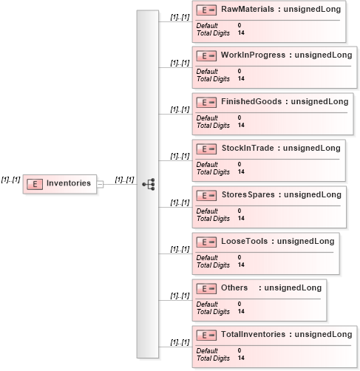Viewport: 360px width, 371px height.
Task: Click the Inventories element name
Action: pyautogui.click(x=69, y=183)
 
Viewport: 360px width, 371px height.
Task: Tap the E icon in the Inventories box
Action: pyautogui.click(x=35, y=184)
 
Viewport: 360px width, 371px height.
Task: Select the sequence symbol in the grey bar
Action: pyautogui.click(x=149, y=184)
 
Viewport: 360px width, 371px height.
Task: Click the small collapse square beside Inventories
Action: pyautogui.click(x=100, y=184)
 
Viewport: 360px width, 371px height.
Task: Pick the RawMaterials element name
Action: pyautogui.click(x=248, y=9)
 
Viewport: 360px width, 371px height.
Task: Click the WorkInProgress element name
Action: pyautogui.click(x=253, y=55)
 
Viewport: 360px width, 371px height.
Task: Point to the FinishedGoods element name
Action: pyautogui.click(x=251, y=101)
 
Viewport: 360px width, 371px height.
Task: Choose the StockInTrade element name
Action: pyautogui.click(x=248, y=148)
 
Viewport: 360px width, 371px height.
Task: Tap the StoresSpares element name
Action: pyautogui.click(x=248, y=194)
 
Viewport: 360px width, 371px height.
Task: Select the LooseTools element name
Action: pyautogui.click(x=244, y=241)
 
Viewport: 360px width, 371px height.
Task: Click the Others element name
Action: pyautogui.click(x=234, y=287)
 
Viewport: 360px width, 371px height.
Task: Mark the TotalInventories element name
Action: pyautogui.click(x=253, y=334)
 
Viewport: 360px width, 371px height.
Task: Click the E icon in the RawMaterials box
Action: pyautogui.click(x=206, y=10)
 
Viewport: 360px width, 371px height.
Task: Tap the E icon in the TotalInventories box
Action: pyautogui.click(x=206, y=336)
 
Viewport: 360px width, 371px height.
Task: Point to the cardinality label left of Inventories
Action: pyautogui.click(x=10, y=180)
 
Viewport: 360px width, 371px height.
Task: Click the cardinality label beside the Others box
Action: pyautogui.click(x=180, y=296)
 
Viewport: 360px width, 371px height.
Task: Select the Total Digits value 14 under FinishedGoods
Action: pyautogui.click(x=241, y=125)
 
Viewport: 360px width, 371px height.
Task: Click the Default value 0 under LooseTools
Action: pyautogui.click(x=240, y=257)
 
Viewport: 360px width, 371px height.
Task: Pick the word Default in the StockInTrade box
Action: pyautogui.click(x=207, y=164)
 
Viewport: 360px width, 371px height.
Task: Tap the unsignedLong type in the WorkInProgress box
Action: pyautogui.click(x=323, y=55)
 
